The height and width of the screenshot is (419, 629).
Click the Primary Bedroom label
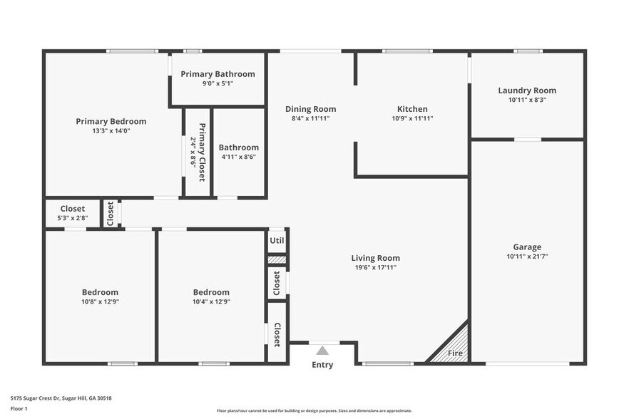click(111, 121)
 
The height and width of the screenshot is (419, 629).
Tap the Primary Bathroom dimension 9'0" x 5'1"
click(218, 83)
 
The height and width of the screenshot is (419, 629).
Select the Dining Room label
click(310, 109)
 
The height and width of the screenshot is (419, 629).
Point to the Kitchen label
click(412, 109)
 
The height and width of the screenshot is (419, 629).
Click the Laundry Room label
click(527, 90)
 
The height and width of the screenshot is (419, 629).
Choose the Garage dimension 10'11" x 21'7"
click(527, 257)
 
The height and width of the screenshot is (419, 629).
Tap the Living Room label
click(375, 258)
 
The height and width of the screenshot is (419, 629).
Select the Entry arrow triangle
click(322, 351)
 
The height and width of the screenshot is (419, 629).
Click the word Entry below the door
click(322, 365)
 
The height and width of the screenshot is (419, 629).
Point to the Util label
click(277, 241)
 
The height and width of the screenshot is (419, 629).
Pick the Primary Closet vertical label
click(202, 152)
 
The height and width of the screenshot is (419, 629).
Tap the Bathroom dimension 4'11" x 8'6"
click(238, 157)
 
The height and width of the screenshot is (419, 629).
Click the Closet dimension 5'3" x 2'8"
click(72, 218)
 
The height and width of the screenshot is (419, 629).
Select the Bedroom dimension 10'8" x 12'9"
click(100, 301)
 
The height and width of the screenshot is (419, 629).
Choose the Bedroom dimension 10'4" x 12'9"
click(211, 301)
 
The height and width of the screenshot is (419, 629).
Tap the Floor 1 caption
click(19, 408)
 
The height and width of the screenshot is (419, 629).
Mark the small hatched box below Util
click(277, 260)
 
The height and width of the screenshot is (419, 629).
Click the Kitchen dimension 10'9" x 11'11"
click(412, 118)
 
